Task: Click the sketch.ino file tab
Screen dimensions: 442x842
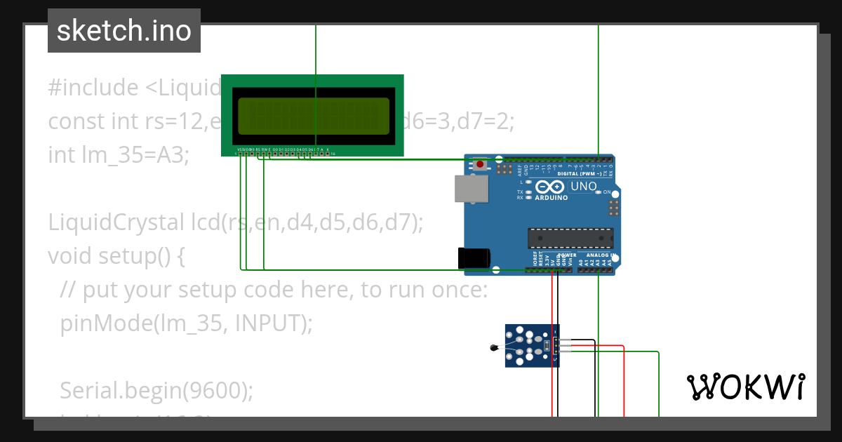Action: point(124,31)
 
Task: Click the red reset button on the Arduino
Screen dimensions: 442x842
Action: point(480,165)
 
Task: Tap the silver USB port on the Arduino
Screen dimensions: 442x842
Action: point(471,189)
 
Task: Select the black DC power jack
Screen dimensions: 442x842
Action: point(471,257)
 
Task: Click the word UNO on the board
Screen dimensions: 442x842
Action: point(584,187)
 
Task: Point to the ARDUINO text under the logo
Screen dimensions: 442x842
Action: point(552,198)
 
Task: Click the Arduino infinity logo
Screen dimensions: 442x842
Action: point(551,187)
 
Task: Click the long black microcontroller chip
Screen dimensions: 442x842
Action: point(570,238)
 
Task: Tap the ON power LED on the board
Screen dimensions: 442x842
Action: point(598,192)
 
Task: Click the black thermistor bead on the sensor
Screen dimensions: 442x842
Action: point(494,347)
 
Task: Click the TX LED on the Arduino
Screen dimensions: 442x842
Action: point(528,192)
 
